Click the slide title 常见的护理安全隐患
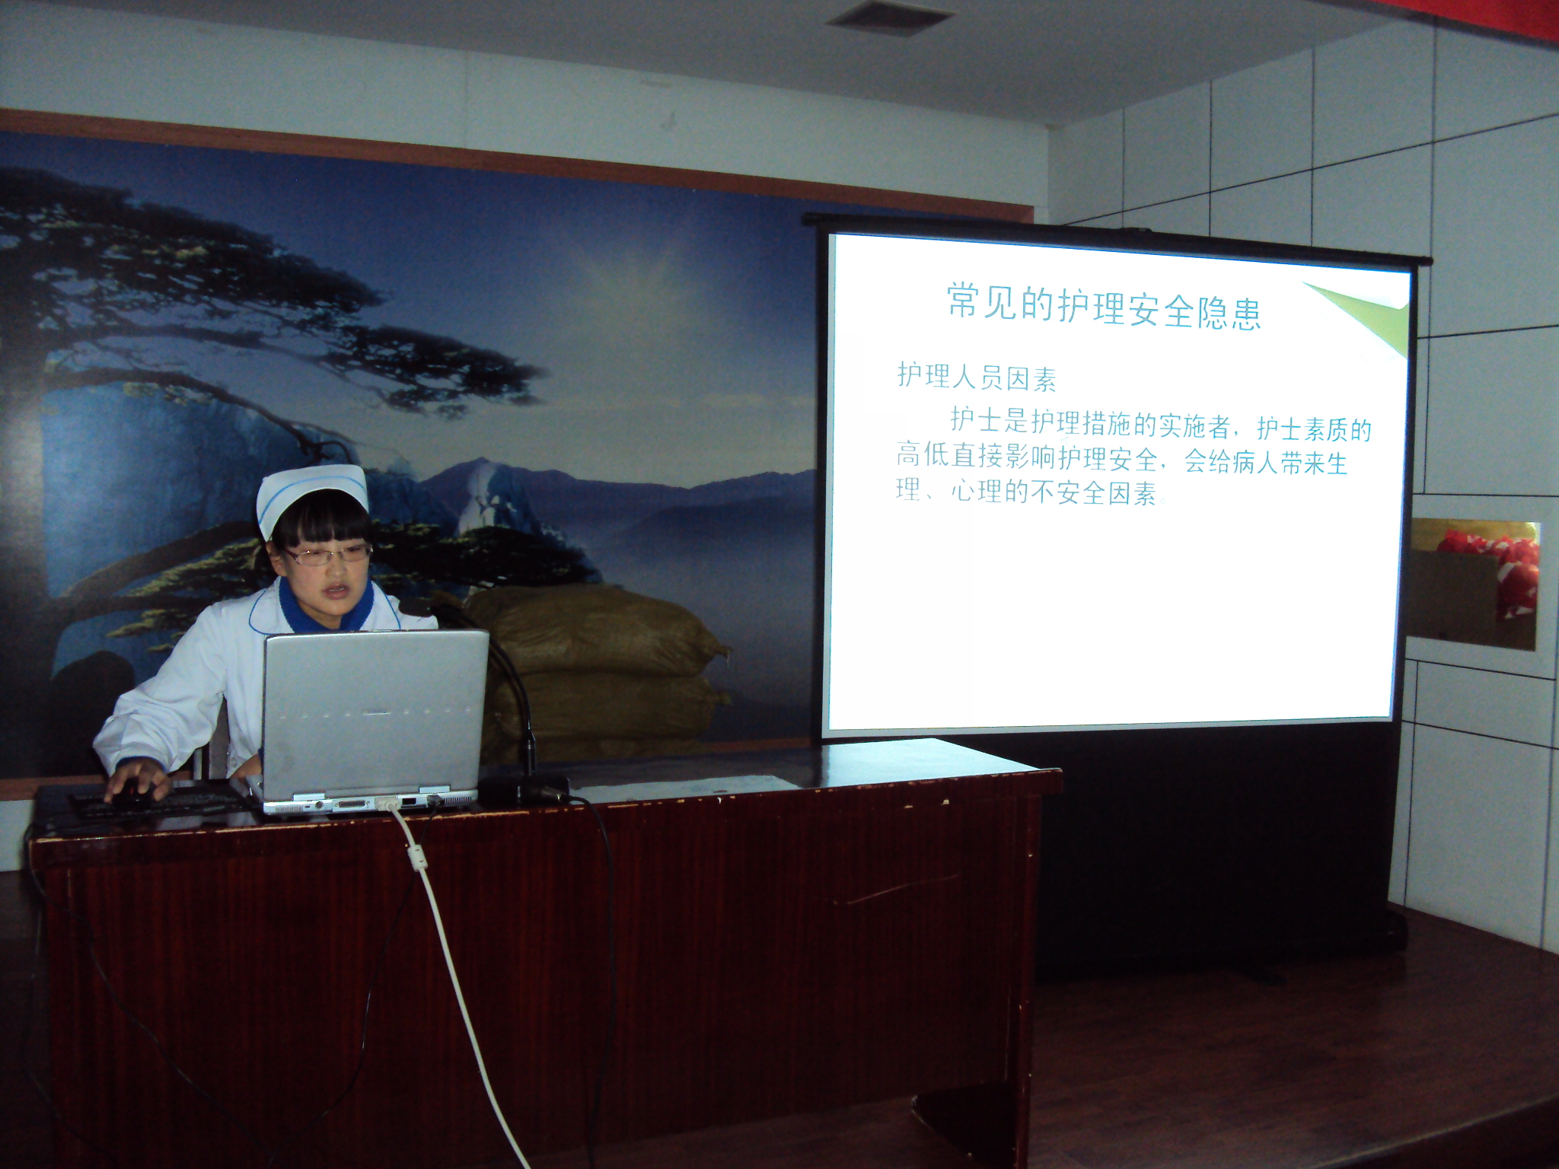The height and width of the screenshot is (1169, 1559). (x=1104, y=307)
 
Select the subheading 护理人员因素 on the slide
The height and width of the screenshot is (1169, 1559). (x=977, y=377)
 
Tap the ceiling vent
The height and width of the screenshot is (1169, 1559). (x=890, y=17)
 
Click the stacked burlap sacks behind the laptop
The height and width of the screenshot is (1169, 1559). (x=601, y=670)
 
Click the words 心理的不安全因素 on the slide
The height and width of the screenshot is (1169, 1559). (x=1055, y=492)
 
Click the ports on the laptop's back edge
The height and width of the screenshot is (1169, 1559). (x=365, y=804)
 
